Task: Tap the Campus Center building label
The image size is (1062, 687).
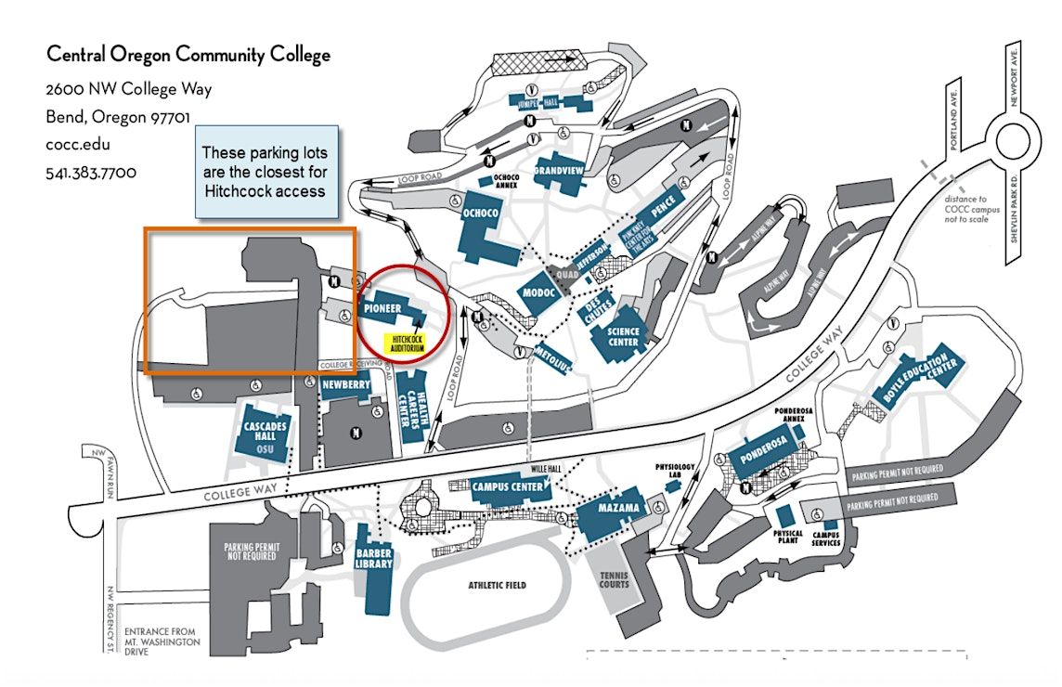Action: (508, 487)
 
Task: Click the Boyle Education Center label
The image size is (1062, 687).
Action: (921, 379)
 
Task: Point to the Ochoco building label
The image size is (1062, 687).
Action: (481, 214)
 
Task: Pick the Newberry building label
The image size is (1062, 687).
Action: (346, 384)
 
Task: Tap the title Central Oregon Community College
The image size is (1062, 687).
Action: (188, 56)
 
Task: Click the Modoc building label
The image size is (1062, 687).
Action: (538, 291)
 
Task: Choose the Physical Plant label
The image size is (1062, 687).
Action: (787, 537)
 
